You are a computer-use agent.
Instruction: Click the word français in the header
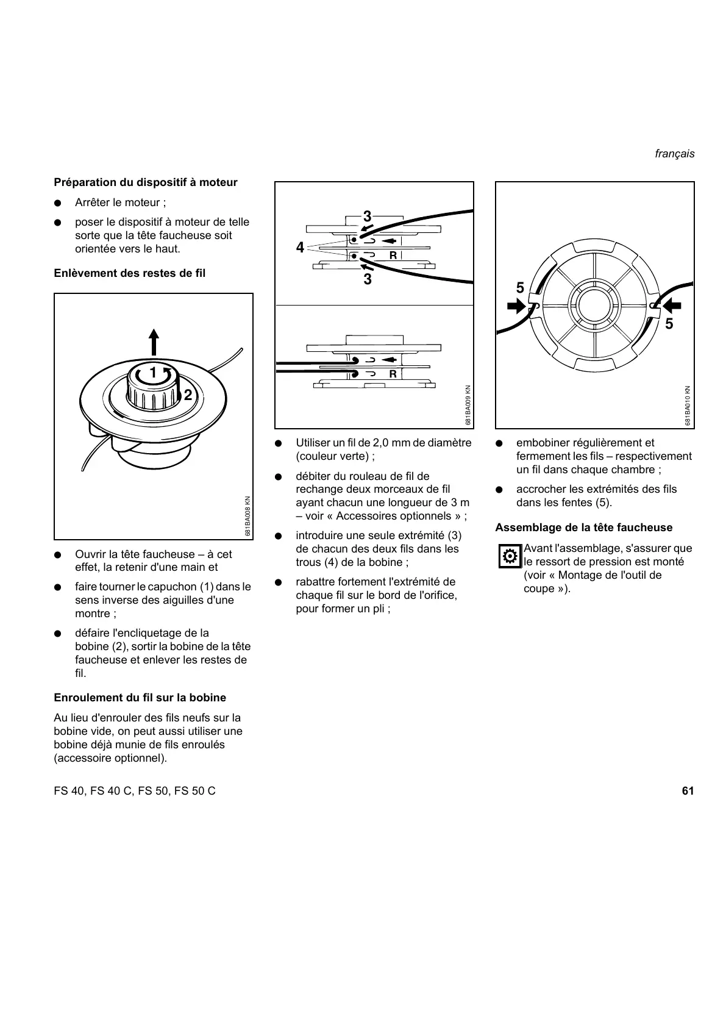[674, 154]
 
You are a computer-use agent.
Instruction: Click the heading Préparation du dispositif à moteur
[146, 182]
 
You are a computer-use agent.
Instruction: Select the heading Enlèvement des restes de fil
[130, 273]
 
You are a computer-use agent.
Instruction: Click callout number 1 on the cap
[153, 372]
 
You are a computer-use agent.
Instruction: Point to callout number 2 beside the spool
[188, 395]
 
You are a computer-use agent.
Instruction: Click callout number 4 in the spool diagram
[300, 248]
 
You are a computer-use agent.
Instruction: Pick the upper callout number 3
[367, 216]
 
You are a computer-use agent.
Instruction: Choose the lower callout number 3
[367, 279]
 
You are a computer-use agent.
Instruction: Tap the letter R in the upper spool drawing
[393, 256]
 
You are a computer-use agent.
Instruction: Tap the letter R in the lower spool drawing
[393, 374]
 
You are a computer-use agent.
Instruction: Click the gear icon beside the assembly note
[510, 556]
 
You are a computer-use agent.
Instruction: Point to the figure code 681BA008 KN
[247, 516]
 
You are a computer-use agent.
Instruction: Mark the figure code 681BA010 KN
[688, 406]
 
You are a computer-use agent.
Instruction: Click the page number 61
[688, 791]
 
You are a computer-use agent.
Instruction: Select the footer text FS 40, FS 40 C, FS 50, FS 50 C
[135, 791]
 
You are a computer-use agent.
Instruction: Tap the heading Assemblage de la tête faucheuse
[584, 528]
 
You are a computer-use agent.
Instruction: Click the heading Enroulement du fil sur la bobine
[140, 698]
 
